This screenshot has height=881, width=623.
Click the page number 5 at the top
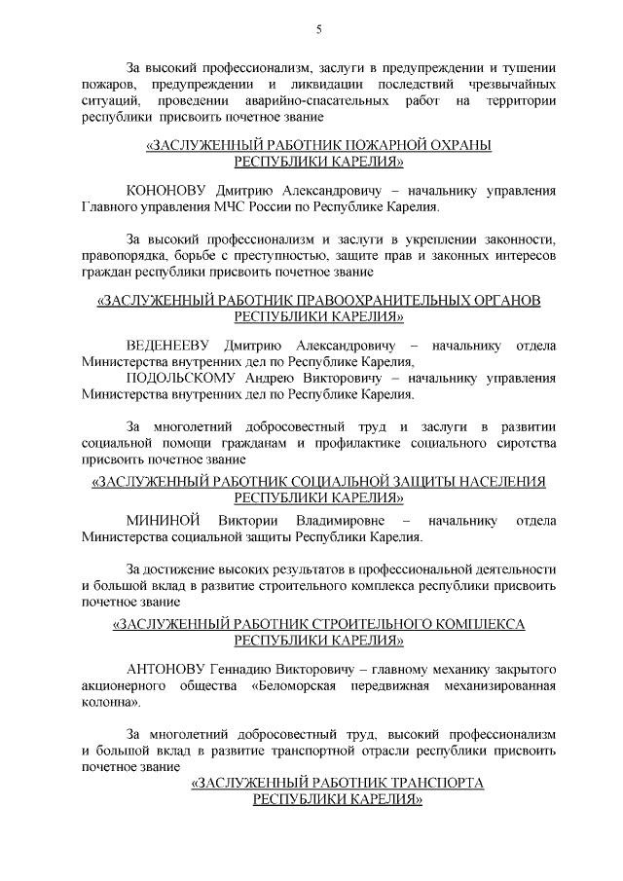click(318, 29)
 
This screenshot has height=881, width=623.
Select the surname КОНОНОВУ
click(165, 191)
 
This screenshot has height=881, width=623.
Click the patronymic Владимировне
click(339, 519)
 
